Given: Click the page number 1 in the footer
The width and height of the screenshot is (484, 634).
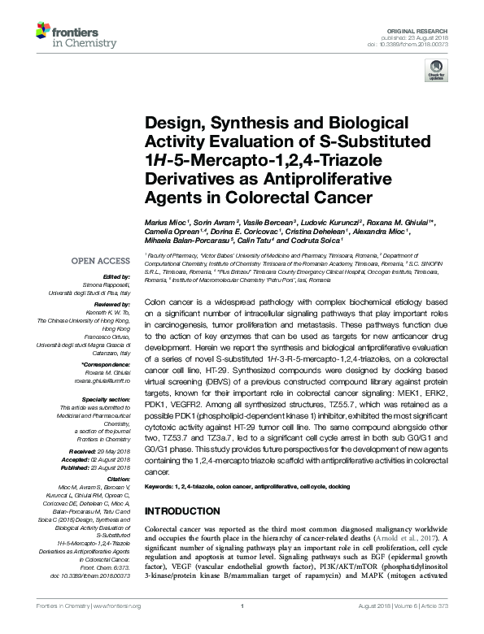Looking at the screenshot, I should click(242, 628).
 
